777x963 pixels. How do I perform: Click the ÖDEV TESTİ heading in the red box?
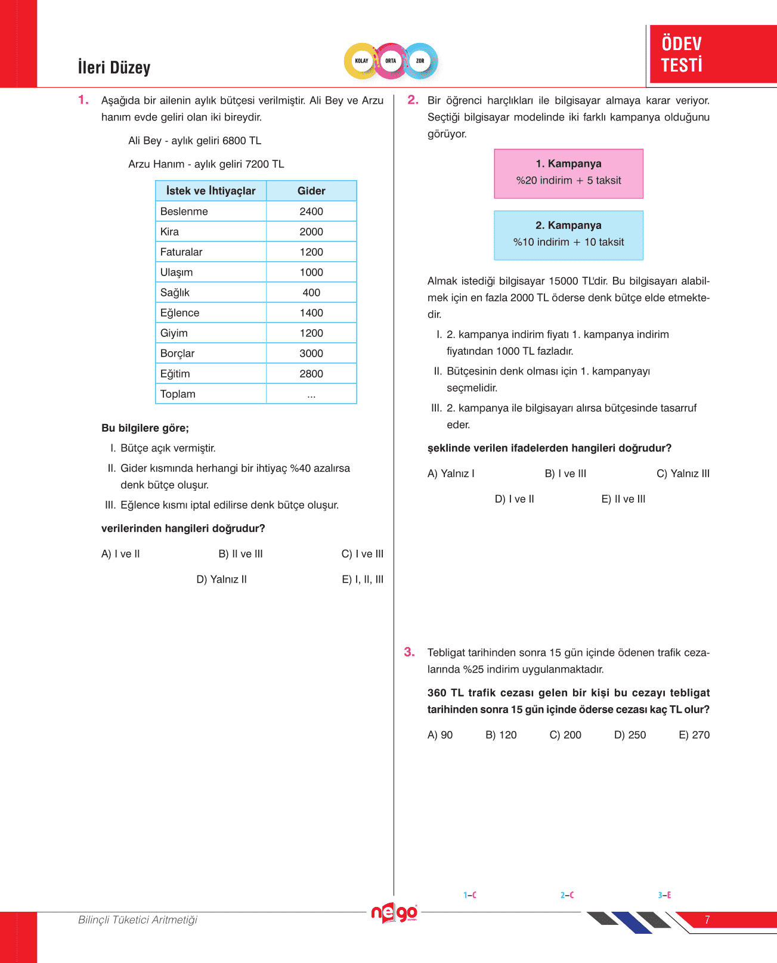(682, 54)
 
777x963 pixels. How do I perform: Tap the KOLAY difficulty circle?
(361, 61)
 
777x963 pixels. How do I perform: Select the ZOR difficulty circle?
(420, 61)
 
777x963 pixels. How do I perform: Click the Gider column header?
(311, 191)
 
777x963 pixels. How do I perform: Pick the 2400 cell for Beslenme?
(311, 212)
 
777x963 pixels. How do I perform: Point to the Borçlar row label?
(177, 354)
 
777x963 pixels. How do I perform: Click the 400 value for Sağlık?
(311, 293)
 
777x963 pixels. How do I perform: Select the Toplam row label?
(178, 394)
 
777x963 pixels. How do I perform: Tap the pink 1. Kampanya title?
(568, 164)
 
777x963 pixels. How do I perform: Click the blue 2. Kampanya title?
(568, 225)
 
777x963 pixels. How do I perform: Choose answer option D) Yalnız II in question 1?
(221, 580)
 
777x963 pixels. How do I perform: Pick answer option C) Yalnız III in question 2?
(683, 474)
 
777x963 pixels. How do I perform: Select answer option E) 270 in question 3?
(694, 735)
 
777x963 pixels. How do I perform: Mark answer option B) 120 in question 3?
(501, 735)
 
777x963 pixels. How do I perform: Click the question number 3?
(409, 652)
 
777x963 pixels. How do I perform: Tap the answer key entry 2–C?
(567, 895)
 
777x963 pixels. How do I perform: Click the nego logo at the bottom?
(394, 913)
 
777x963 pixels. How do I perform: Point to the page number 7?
(707, 920)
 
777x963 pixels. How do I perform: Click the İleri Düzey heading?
(114, 67)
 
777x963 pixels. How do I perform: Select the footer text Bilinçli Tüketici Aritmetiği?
(138, 920)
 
